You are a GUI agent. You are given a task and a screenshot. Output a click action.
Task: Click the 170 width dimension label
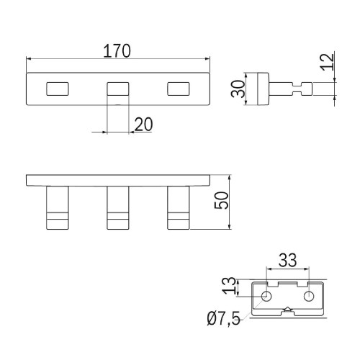[117, 51]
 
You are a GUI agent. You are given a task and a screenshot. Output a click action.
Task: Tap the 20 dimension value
[143, 125]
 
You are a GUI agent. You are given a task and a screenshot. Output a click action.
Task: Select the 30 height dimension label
[238, 89]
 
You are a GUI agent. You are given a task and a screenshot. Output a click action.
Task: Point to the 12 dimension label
[328, 62]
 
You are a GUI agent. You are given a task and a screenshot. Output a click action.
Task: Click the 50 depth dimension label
[221, 200]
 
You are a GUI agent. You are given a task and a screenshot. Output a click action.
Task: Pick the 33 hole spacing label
[287, 260]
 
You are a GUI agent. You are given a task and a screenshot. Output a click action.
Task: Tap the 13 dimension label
[228, 286]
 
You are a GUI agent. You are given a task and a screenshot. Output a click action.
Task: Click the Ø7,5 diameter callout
[223, 319]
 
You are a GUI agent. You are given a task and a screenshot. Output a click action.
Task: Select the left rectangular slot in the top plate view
[58, 89]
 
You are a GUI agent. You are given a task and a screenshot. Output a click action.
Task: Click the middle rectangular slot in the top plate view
[118, 89]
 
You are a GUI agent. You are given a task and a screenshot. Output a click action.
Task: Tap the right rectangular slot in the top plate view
[179, 89]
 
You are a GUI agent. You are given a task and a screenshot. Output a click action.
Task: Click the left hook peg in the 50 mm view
[58, 208]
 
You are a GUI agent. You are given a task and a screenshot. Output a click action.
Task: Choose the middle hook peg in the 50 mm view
[118, 208]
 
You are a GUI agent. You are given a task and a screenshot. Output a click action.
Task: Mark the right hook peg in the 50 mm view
[179, 208]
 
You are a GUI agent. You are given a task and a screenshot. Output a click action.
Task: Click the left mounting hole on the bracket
[266, 296]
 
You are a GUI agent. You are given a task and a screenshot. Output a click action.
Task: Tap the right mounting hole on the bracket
[309, 296]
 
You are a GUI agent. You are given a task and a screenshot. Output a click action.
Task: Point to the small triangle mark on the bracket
[287, 309]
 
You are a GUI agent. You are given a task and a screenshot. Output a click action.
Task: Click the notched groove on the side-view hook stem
[297, 89]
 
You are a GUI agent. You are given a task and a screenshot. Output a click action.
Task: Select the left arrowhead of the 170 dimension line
[29, 58]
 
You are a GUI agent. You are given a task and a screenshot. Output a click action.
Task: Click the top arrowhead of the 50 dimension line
[230, 178]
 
